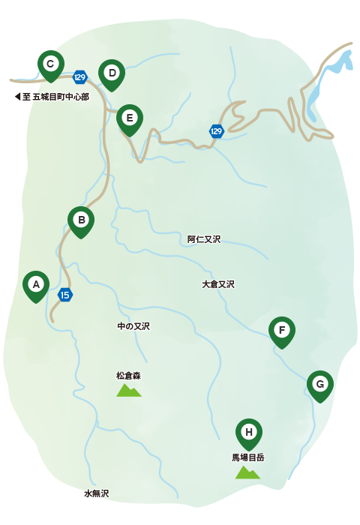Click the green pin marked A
[x=36, y=284]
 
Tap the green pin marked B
[x=81, y=220]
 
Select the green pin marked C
[x=50, y=64]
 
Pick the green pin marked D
[x=112, y=73]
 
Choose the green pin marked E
[x=130, y=118]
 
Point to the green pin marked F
[x=282, y=331]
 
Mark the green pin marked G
[x=320, y=385]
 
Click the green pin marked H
[x=249, y=432]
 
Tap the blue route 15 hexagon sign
[x=65, y=294]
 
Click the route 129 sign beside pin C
[x=80, y=76]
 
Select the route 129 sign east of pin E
[x=217, y=131]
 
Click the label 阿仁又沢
[x=204, y=239]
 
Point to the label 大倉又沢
[x=218, y=284]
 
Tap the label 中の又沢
[x=133, y=326]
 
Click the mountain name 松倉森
[x=129, y=375]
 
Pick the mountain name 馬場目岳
[x=248, y=456]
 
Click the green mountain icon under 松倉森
[x=129, y=390]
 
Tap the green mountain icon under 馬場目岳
[x=247, y=472]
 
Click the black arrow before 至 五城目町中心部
[x=17, y=97]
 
